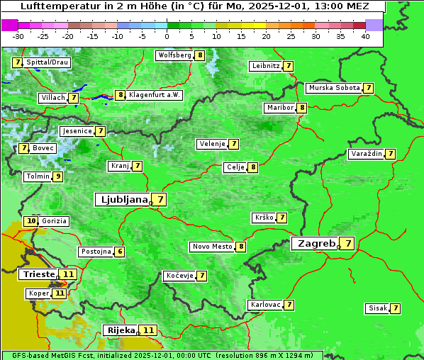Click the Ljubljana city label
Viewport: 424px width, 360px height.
pos(123,200)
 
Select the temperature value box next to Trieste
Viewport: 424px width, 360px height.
pos(68,274)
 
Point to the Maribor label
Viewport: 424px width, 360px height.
pos(279,108)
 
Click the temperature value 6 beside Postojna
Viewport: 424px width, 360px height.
pos(121,252)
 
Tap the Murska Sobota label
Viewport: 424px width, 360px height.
pos(334,88)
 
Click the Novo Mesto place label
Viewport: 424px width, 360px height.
pos(212,247)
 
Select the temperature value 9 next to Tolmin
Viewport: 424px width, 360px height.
pos(58,176)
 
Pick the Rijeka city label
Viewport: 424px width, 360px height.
pos(121,330)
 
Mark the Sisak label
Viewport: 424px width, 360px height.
pos(376,308)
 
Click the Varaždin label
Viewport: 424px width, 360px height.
pos(366,154)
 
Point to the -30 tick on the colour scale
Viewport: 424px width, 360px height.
pos(18,36)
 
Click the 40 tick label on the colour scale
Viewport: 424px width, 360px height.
pos(365,36)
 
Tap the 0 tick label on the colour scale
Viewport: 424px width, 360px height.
pos(167,36)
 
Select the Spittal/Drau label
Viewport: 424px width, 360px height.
pos(48,62)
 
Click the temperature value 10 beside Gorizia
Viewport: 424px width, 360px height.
pos(30,221)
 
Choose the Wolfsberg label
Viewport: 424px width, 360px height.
pos(174,55)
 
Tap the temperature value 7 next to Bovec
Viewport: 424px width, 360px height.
pos(24,148)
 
